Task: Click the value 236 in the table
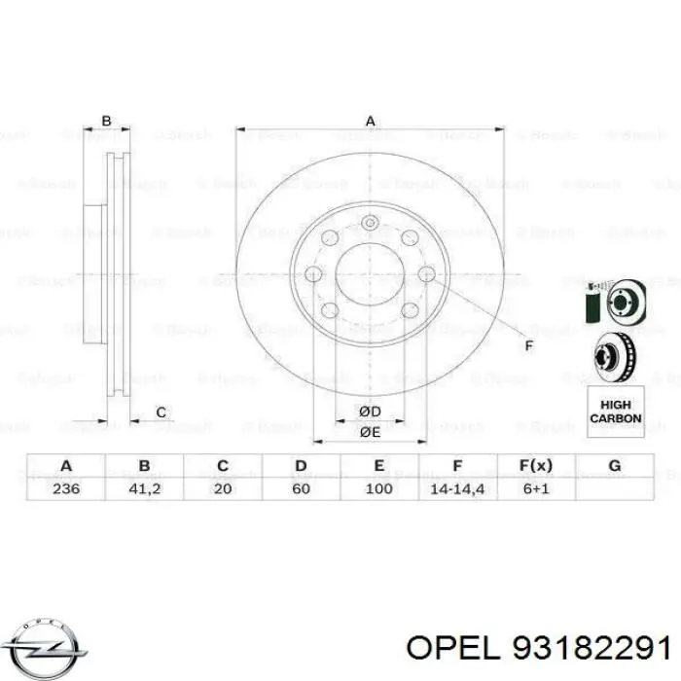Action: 65,487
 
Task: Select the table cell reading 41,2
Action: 144,487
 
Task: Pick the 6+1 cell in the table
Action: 536,487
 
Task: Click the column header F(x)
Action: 536,466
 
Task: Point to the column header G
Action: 614,466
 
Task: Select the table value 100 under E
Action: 379,487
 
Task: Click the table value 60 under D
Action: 301,487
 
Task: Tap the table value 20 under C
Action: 223,487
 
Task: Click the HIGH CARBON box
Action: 616,411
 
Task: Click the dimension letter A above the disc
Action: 370,122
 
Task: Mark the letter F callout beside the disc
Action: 528,346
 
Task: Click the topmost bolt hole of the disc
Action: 370,225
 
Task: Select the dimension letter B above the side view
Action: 107,122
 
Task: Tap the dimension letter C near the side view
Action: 161,412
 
